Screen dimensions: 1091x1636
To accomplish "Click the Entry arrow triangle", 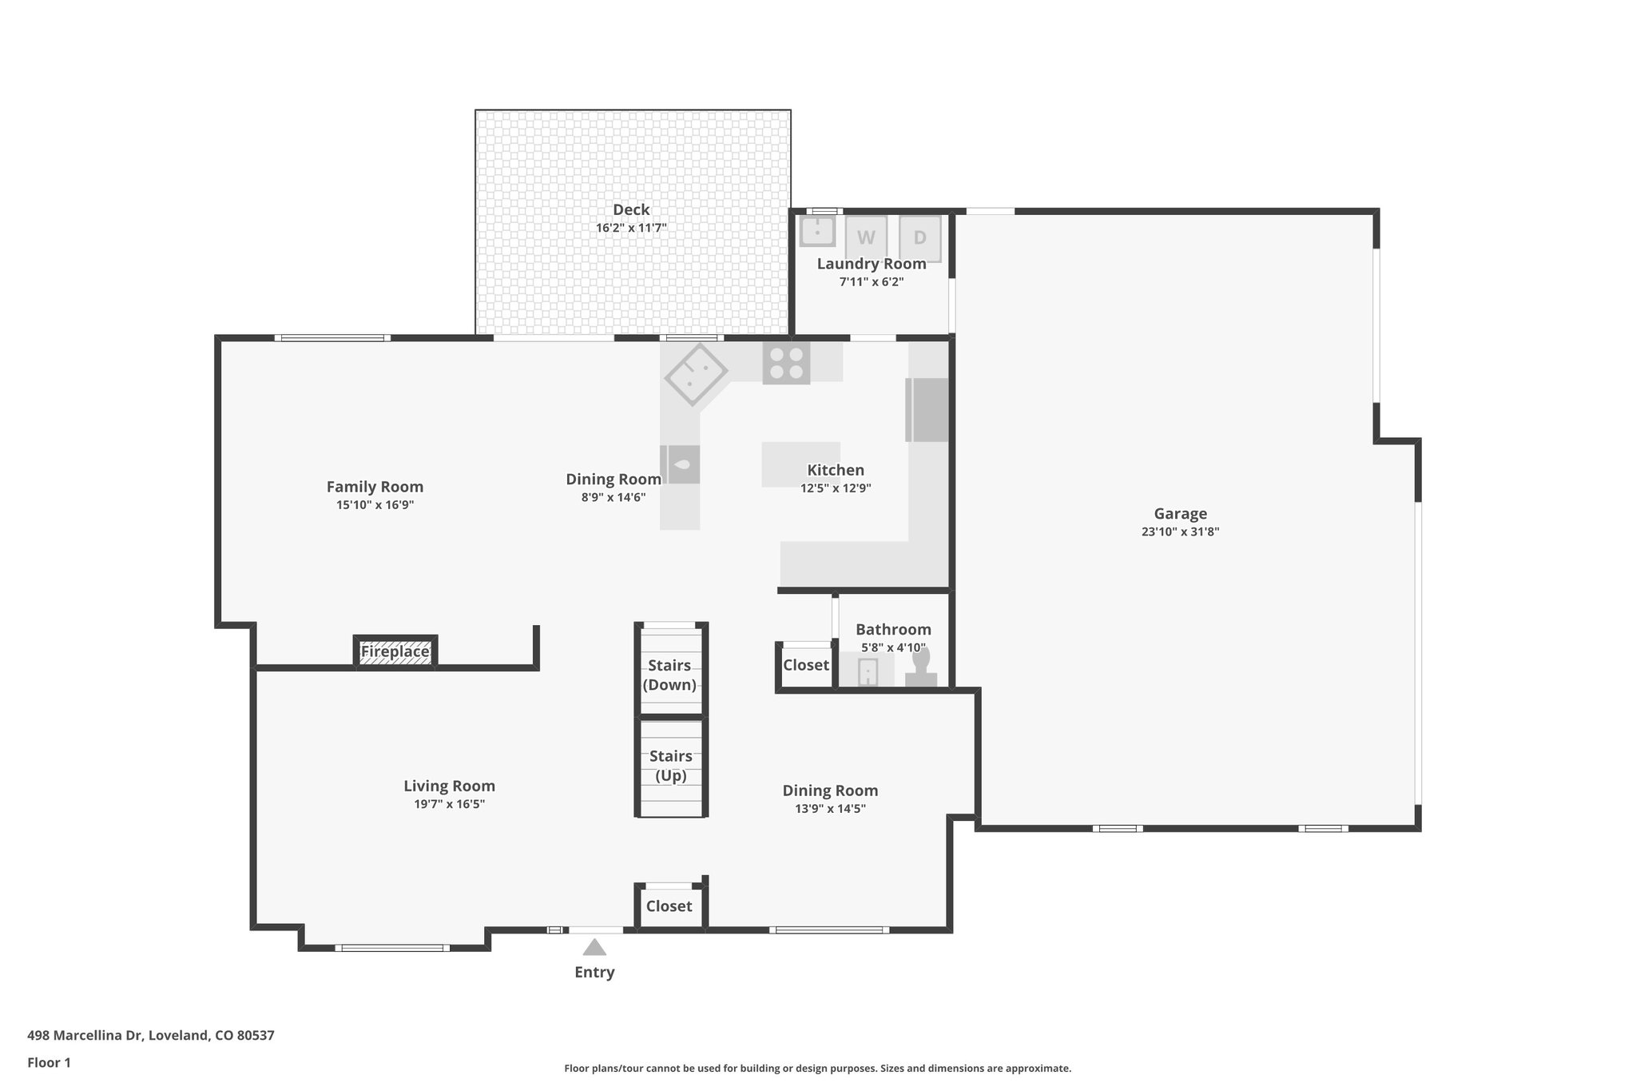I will coord(594,947).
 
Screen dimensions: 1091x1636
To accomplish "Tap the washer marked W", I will coord(866,237).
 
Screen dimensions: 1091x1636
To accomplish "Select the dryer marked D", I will coord(919,237).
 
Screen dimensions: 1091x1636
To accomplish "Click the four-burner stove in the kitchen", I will coord(786,363).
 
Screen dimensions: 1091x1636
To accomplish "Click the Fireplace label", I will coord(395,651).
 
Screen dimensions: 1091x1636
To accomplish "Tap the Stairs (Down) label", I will coord(669,675).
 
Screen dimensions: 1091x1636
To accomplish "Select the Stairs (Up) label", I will coord(670,766).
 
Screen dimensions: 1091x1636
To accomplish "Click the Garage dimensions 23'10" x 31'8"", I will coord(1180,532).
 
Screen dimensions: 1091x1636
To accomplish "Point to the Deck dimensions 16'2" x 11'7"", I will coord(631,228).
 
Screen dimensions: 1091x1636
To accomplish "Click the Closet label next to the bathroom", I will coord(805,665).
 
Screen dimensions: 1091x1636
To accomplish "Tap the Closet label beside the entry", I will coord(669,906).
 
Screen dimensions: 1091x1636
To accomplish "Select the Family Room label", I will coord(375,487).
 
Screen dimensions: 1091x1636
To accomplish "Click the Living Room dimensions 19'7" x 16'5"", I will coord(449,804).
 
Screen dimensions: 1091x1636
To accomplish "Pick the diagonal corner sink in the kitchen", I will coord(696,375).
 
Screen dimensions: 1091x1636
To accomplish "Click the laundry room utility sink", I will coord(817,232).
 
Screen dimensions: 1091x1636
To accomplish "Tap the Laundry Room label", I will coord(871,264).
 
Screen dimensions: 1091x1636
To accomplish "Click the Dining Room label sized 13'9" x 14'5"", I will coord(830,790).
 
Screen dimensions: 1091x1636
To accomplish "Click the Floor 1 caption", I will coord(49,1062).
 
